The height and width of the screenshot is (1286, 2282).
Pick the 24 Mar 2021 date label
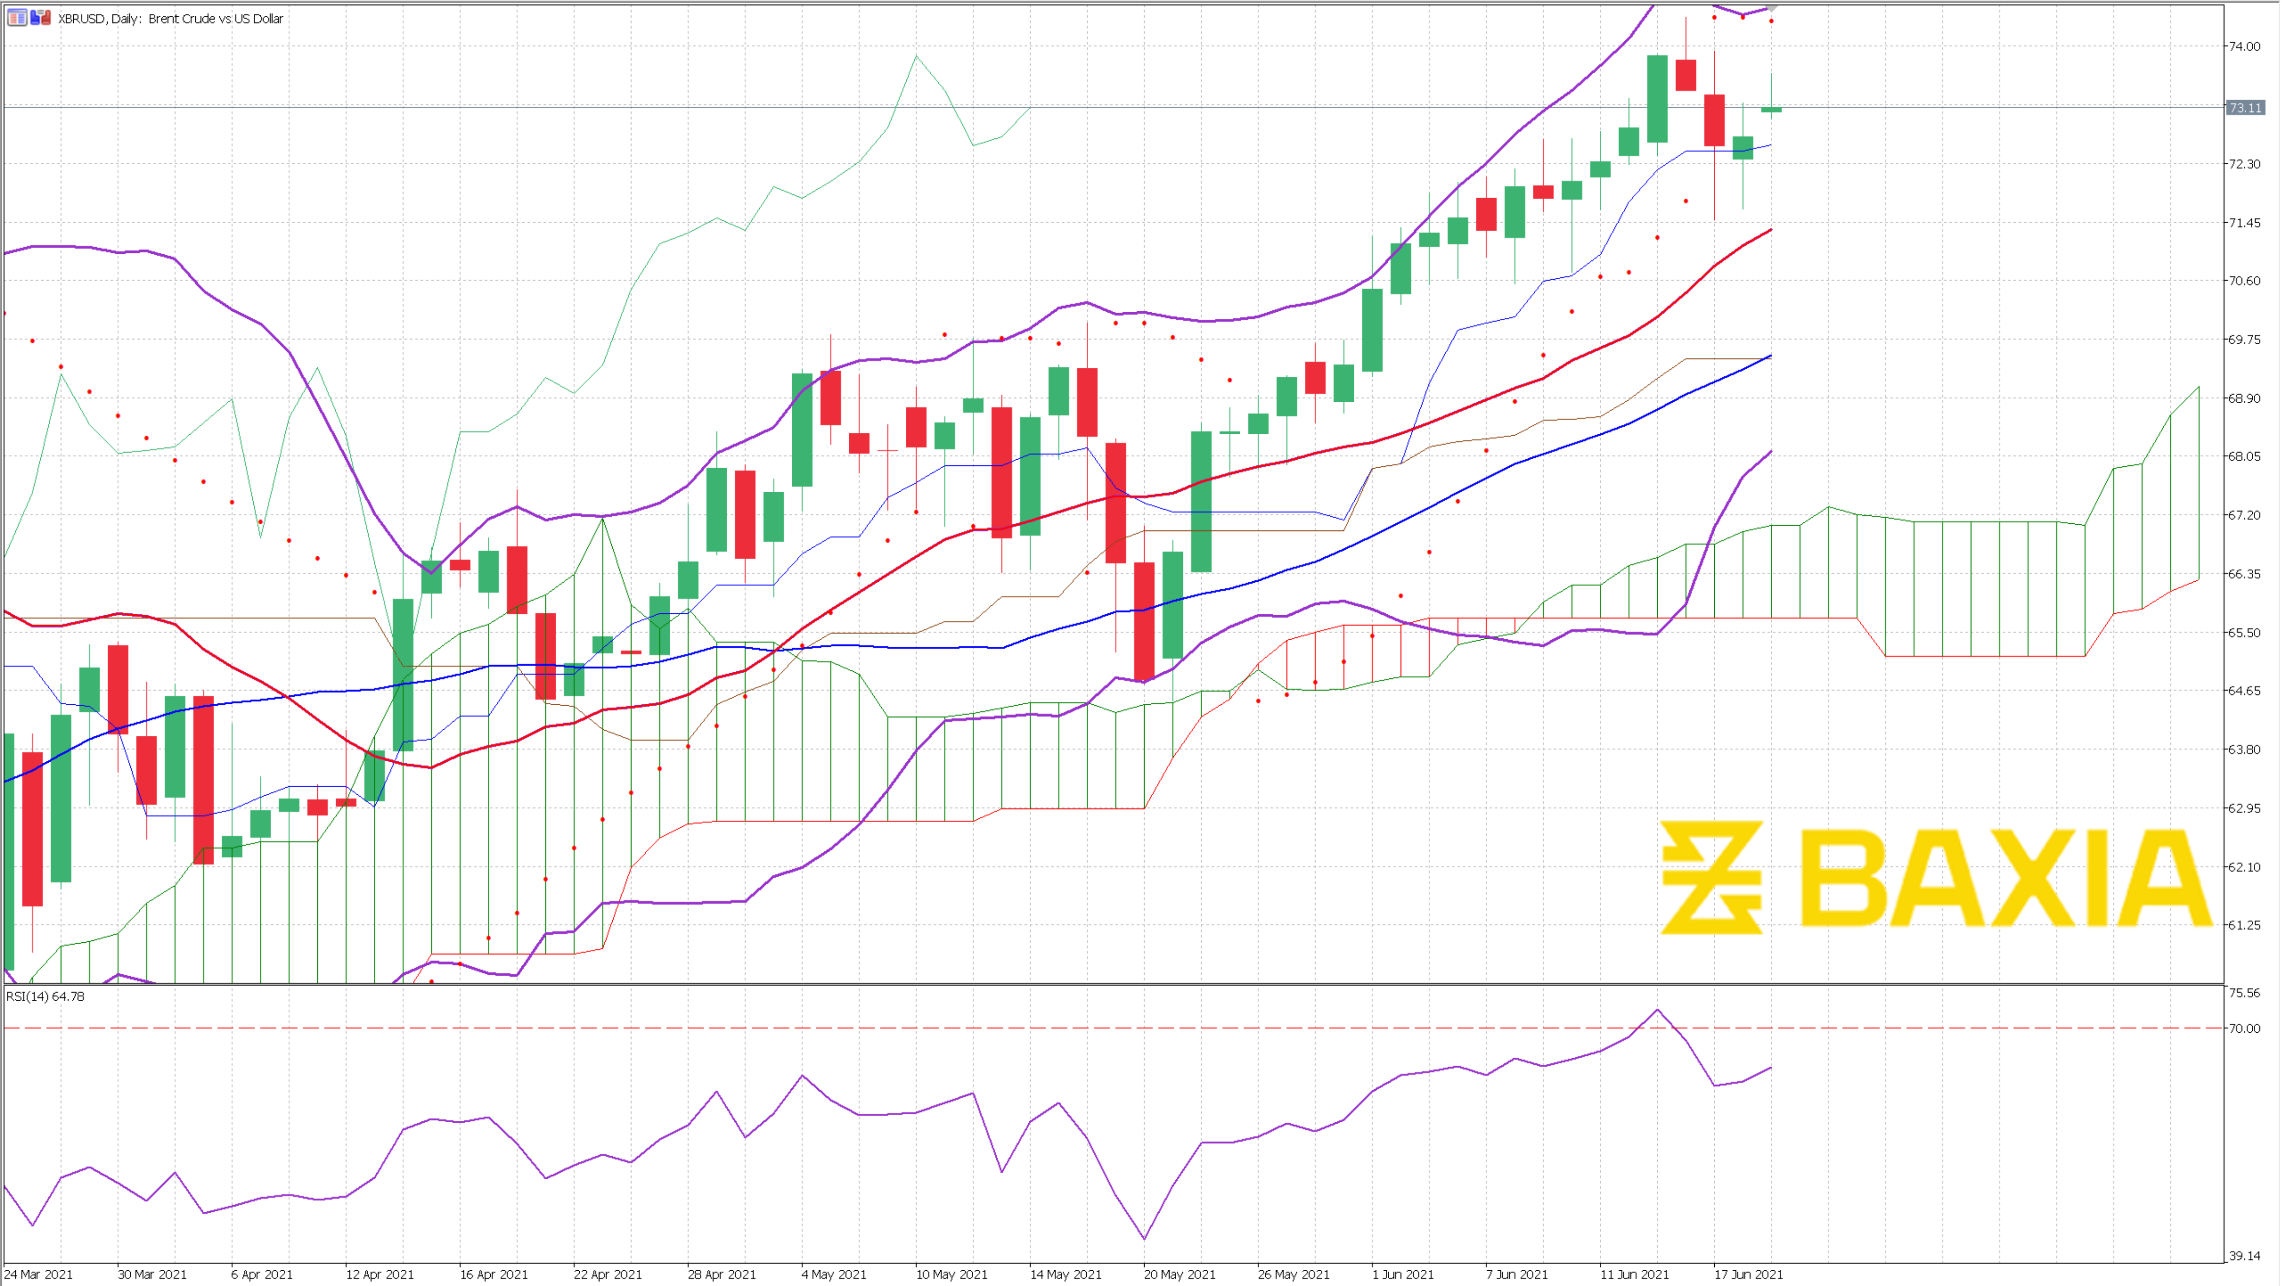click(39, 1274)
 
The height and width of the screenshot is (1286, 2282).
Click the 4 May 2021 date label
click(833, 1274)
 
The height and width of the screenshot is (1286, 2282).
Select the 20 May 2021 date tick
click(1179, 1274)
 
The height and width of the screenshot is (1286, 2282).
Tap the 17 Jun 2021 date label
click(1748, 1274)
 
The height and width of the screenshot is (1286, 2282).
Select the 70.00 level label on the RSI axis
click(2245, 1028)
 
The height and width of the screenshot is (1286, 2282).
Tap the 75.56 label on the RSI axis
click(2245, 993)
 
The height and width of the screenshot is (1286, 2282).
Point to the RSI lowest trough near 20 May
click(1145, 1238)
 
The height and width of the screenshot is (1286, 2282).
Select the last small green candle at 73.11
click(1771, 109)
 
